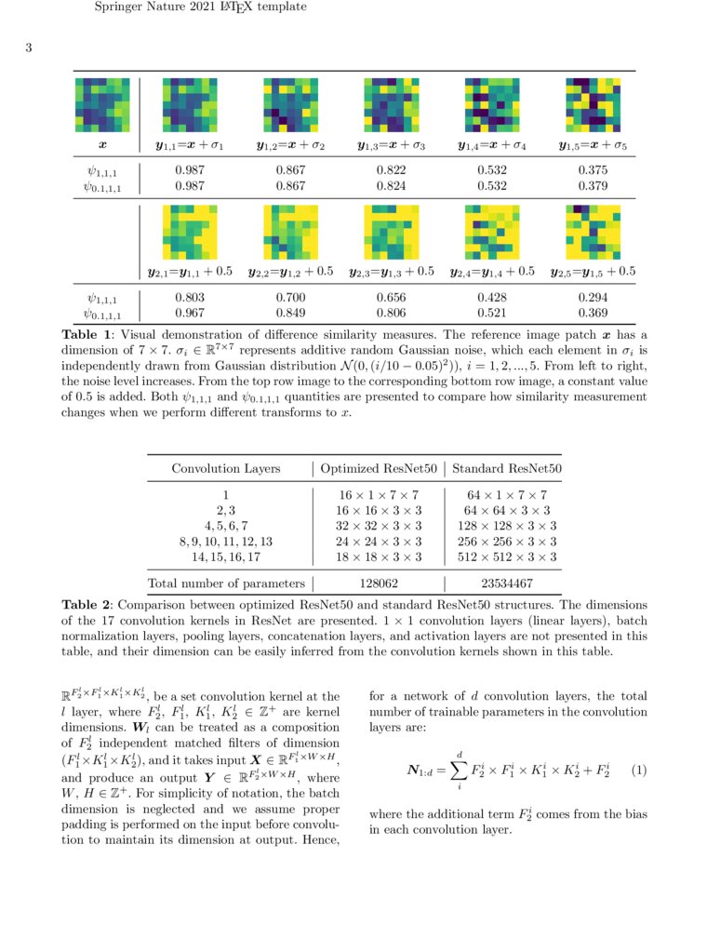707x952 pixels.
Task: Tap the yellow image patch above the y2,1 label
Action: point(191,232)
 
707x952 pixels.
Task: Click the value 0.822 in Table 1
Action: point(391,171)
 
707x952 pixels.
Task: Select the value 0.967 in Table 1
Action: point(190,314)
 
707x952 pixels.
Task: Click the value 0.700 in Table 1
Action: point(290,298)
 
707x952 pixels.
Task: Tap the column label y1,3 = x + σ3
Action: point(391,146)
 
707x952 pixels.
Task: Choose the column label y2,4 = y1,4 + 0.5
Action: point(491,272)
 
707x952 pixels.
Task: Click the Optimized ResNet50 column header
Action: point(378,468)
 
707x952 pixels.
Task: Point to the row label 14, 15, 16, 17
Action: point(226,556)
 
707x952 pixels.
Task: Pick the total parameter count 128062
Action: point(378,583)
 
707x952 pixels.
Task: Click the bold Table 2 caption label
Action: point(89,605)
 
